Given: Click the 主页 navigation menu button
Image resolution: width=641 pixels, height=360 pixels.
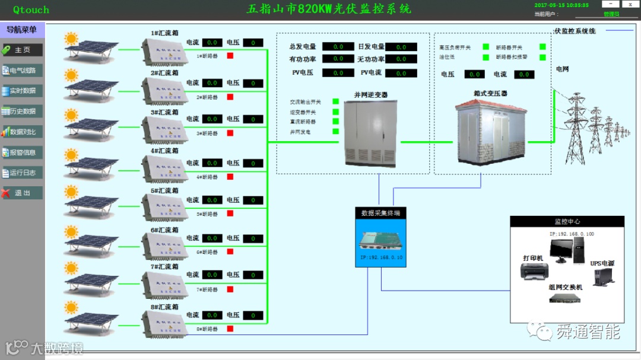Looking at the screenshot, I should [22, 50].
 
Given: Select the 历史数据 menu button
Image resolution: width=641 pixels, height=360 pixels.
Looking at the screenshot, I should [22, 111].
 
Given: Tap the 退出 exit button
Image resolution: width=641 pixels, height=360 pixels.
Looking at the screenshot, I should [22, 193].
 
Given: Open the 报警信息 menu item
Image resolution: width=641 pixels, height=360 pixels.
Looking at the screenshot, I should [22, 152].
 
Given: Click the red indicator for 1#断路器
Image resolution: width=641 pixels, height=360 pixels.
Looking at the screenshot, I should [230, 56].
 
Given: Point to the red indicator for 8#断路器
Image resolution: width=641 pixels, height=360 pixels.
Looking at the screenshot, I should [230, 329].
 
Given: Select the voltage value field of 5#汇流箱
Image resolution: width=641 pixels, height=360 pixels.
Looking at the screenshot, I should [253, 200].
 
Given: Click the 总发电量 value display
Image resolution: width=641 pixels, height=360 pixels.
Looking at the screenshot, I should [338, 46].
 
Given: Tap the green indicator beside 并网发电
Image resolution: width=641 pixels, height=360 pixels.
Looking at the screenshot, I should [335, 132].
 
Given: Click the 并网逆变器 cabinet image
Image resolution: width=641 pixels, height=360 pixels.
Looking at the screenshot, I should [369, 133].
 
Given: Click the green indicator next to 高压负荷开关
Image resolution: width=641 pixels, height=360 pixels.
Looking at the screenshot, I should [485, 47].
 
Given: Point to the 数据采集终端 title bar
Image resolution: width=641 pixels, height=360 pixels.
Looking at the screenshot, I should [380, 213].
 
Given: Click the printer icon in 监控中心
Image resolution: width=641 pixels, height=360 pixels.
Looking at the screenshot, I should [534, 271].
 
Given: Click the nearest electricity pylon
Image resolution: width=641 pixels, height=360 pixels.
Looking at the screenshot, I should [575, 128].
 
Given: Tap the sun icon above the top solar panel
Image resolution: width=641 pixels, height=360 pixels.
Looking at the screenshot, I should [71, 39].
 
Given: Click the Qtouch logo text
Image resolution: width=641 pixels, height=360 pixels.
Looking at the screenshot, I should [31, 9].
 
